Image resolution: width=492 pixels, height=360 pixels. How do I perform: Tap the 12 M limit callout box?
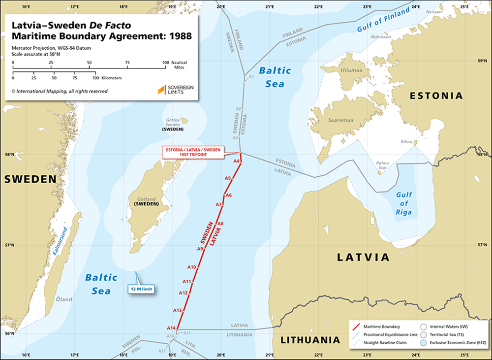click(x=141, y=290)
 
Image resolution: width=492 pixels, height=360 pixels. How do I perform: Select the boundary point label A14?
click(x=171, y=328)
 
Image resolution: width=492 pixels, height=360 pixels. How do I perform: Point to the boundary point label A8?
click(x=221, y=224)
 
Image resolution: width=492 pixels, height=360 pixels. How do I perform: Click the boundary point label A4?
click(x=236, y=161)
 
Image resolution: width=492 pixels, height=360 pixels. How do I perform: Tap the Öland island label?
click(x=63, y=299)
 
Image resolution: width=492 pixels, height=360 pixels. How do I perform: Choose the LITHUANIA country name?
click(x=309, y=340)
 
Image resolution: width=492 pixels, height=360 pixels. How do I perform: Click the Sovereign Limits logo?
click(x=175, y=89)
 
